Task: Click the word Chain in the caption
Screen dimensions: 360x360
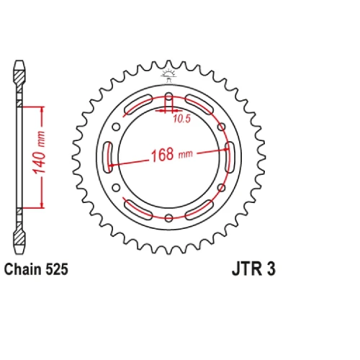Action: (23, 269)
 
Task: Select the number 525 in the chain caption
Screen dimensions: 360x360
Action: (57, 269)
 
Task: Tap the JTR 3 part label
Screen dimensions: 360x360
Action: (253, 269)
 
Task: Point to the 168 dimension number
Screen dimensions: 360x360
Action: (162, 155)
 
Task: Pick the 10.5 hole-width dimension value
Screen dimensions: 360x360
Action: (182, 119)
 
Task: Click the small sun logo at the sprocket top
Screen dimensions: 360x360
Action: (168, 75)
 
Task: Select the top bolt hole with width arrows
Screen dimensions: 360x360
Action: (169, 102)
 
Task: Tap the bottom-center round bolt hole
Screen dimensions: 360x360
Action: (169, 217)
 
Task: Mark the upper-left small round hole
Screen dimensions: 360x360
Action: (116, 127)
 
